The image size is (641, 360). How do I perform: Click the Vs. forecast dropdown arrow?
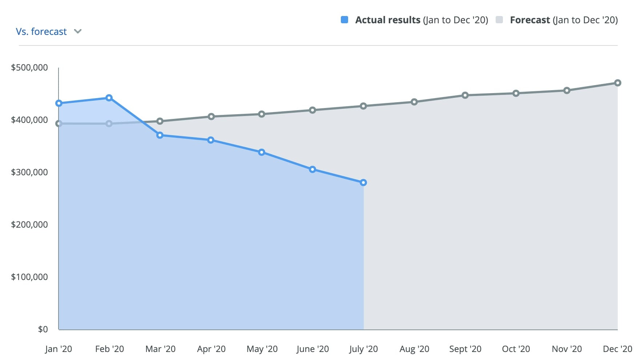tap(77, 32)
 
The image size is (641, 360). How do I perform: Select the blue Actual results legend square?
tap(344, 20)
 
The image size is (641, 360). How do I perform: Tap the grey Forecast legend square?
tap(499, 20)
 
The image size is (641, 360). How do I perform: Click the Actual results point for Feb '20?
tap(109, 98)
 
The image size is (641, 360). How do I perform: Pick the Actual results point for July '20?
tap(363, 183)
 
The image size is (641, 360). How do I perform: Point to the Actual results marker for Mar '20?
tap(160, 135)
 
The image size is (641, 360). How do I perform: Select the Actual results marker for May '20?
tap(262, 152)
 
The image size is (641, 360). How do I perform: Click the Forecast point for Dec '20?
tap(617, 83)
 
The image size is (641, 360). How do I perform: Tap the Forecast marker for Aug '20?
tap(414, 102)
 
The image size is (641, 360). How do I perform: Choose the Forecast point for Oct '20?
tap(516, 93)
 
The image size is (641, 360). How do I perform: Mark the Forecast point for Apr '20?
tap(211, 117)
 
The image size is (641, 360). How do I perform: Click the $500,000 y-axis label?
tap(29, 68)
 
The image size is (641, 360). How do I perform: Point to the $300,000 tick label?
tap(29, 172)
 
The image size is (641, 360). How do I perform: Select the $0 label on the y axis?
tap(43, 329)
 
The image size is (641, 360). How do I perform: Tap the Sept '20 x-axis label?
tap(465, 349)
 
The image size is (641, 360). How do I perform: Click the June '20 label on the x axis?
tap(313, 349)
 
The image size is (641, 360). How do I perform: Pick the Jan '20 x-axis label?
tap(59, 349)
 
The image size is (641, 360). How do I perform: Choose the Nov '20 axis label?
tap(567, 349)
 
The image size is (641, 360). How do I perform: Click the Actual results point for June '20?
tap(313, 169)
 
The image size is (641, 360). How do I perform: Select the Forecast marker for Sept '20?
tap(465, 95)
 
